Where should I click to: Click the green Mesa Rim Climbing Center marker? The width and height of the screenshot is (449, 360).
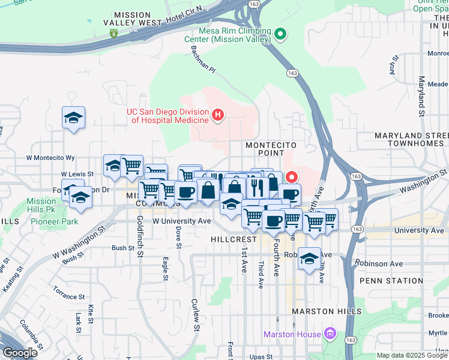[x=280, y=34]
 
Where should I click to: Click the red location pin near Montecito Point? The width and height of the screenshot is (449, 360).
[x=292, y=177]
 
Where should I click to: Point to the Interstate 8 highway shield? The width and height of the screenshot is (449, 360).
[x=113, y=34]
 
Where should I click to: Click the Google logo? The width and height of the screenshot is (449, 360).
[x=20, y=353]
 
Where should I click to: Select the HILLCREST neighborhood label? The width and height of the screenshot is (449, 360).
[x=234, y=239]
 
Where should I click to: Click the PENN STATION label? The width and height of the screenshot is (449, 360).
[x=391, y=281]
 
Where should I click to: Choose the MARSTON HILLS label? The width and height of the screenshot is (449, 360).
[x=327, y=311]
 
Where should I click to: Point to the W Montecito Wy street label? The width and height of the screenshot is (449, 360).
[x=50, y=158]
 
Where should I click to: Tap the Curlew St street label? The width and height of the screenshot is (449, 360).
[x=194, y=314]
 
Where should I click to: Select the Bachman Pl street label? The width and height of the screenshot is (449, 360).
[x=203, y=60]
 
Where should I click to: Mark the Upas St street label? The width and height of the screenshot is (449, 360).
[x=261, y=356]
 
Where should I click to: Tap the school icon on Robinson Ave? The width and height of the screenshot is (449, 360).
[x=309, y=258]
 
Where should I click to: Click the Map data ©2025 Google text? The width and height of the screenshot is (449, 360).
[x=412, y=355]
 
